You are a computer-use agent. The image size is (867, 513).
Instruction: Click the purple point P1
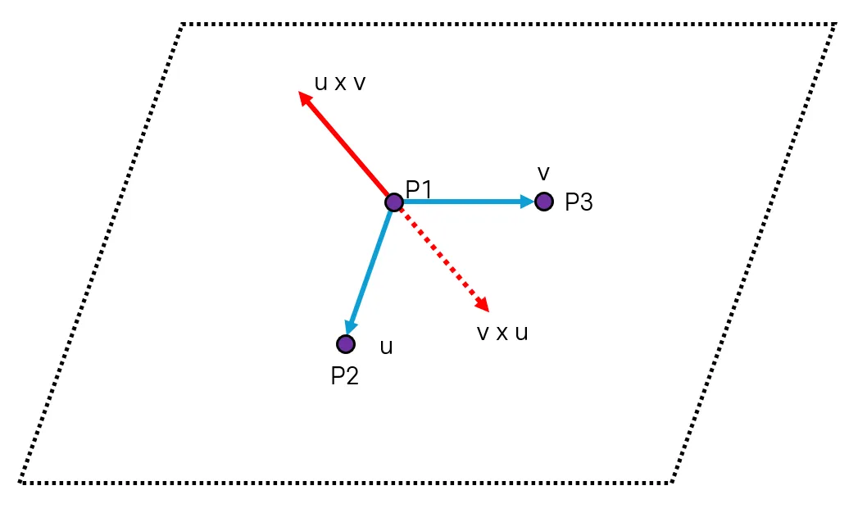(x=393, y=202)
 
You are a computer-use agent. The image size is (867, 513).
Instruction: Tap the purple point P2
(x=346, y=343)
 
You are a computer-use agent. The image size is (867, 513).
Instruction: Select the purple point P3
(x=543, y=201)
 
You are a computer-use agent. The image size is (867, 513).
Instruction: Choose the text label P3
(x=579, y=202)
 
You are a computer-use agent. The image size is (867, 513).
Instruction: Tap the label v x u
(x=502, y=333)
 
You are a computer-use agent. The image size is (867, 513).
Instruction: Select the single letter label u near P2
(x=386, y=347)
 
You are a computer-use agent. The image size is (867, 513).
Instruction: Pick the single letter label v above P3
(x=542, y=173)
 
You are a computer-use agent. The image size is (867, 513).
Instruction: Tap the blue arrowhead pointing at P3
(x=527, y=201)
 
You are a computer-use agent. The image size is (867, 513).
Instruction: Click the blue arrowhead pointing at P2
(x=352, y=327)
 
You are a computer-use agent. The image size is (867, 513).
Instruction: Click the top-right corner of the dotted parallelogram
(x=834, y=25)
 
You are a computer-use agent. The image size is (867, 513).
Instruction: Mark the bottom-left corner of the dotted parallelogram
(x=20, y=482)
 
